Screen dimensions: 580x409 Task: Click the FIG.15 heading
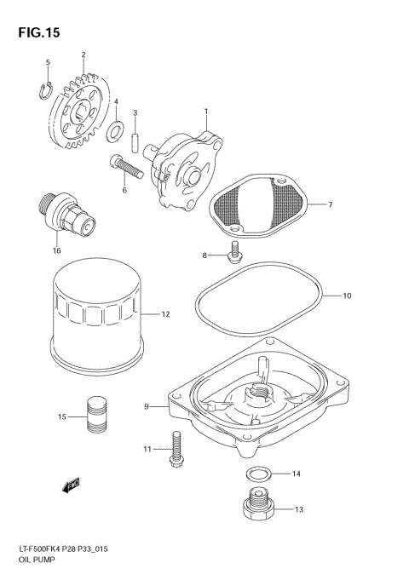click(36, 32)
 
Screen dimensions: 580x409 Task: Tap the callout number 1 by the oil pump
click(205, 112)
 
